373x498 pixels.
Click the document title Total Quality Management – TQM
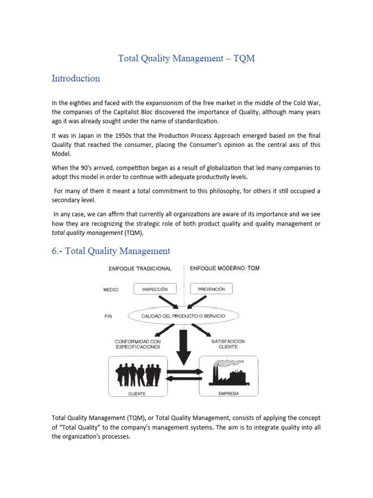click(x=186, y=58)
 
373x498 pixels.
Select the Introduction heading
click(x=76, y=79)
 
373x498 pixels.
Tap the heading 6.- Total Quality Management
click(x=111, y=251)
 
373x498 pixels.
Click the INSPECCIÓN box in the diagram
click(x=154, y=289)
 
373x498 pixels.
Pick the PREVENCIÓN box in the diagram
click(x=211, y=289)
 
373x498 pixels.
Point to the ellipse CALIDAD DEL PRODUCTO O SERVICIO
click(x=183, y=316)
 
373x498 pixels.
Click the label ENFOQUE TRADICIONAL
click(x=141, y=268)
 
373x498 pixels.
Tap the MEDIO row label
click(x=111, y=290)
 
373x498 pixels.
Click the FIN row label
click(x=108, y=316)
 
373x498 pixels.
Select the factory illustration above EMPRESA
click(x=228, y=373)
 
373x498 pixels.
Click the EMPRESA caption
click(x=229, y=393)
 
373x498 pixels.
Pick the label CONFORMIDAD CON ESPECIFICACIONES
click(x=137, y=344)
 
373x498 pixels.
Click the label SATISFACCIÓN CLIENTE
click(x=228, y=344)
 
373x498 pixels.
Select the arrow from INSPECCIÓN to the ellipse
click(x=168, y=302)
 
